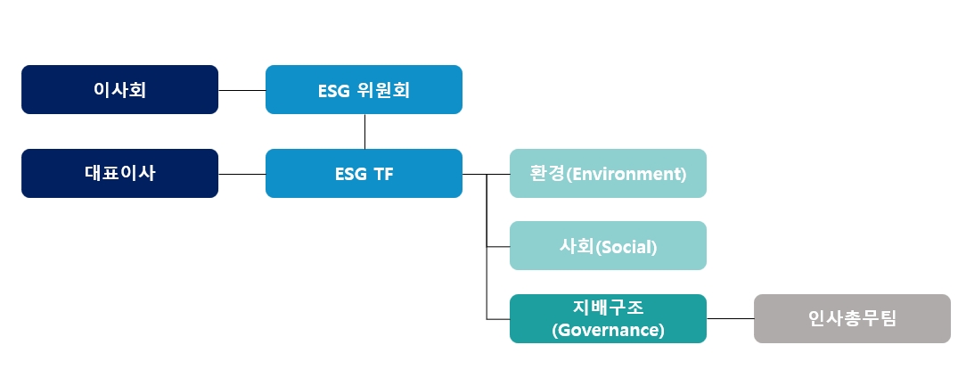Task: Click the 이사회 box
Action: [x=119, y=89]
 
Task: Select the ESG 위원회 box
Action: [x=364, y=89]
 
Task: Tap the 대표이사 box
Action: [x=119, y=173]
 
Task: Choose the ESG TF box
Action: [x=364, y=173]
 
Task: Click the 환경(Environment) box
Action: [x=608, y=173]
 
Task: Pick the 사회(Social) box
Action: [x=608, y=245]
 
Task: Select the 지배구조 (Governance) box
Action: [x=608, y=318]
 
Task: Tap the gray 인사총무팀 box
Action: [x=852, y=318]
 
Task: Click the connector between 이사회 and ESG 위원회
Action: [x=241, y=90]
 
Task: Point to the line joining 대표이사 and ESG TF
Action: [x=241, y=174]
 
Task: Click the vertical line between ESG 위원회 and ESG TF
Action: [x=364, y=131]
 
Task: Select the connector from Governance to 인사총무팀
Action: [x=730, y=319]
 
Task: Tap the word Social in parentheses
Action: [x=626, y=247]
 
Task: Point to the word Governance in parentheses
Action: [x=608, y=330]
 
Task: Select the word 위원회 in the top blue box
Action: [x=383, y=91]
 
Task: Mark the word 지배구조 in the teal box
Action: [x=608, y=307]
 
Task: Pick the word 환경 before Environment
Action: [x=547, y=173]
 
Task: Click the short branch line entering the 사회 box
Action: [x=498, y=247]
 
